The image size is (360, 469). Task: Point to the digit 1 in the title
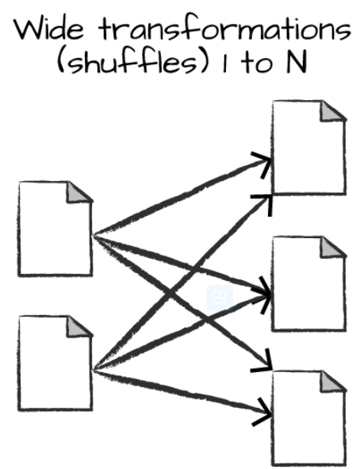click(225, 63)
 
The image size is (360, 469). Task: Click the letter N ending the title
click(297, 63)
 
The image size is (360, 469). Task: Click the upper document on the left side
click(56, 229)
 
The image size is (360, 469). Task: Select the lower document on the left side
click(56, 363)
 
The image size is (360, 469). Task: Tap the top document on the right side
click(309, 148)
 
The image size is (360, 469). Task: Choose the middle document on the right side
click(309, 283)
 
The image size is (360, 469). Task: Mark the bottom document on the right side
click(309, 418)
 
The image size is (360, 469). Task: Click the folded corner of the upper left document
click(79, 191)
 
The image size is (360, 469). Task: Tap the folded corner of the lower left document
click(79, 326)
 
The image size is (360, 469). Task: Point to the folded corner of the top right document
click(331, 110)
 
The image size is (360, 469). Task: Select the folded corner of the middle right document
click(331, 247)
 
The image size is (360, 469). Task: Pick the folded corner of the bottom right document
click(331, 381)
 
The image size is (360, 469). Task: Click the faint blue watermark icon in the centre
click(220, 298)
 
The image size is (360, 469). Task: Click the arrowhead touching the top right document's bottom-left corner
click(263, 203)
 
